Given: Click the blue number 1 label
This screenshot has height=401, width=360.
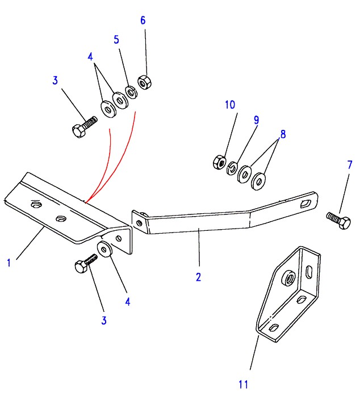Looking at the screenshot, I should pos(9,263).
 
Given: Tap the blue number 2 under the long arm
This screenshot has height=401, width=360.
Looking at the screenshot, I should pos(198,277).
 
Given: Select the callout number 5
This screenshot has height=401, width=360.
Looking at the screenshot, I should pos(116,40).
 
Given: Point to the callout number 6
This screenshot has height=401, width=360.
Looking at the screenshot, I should pos(143,20).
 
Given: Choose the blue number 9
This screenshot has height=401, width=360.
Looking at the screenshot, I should pos(256,120).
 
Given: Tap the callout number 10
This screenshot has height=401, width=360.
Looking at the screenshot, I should pos(229,105).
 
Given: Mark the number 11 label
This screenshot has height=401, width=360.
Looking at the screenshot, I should pos(244,385).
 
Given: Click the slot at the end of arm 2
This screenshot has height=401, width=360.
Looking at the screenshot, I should pos(307,201).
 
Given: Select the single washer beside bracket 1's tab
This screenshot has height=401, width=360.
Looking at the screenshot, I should pos(105,249).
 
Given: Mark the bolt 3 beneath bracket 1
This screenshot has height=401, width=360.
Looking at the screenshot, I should pos(83,264).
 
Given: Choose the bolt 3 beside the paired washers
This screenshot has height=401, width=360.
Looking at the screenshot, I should pos(82,127).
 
